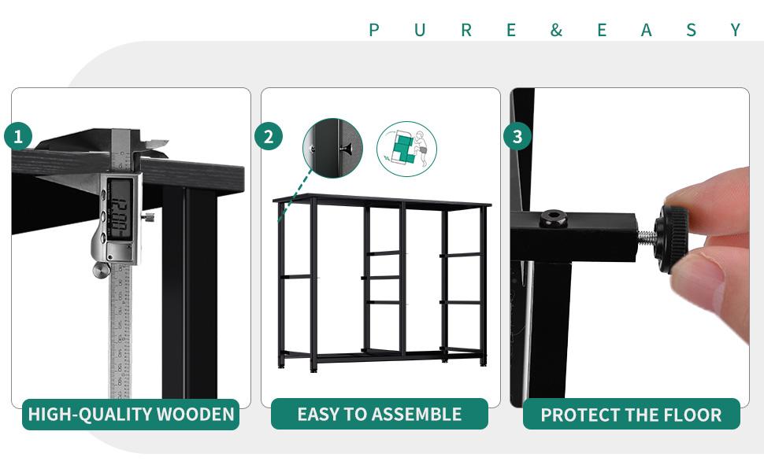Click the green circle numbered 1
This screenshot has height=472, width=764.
[17, 137]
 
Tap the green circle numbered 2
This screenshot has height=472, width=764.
[268, 137]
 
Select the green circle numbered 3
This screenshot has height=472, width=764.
[517, 137]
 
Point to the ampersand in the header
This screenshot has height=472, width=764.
[556, 31]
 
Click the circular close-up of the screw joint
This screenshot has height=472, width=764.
[332, 148]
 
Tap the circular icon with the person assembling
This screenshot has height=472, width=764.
[406, 148]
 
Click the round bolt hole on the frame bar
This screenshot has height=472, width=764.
[554, 218]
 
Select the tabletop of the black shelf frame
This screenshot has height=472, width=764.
[382, 201]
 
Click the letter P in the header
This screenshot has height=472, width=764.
[374, 31]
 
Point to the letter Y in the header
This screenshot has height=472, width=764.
[736, 31]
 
